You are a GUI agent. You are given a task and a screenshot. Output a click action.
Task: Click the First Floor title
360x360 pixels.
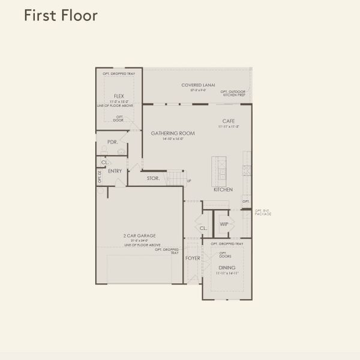(61, 16)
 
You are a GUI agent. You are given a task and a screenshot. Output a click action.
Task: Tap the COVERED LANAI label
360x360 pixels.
(198, 85)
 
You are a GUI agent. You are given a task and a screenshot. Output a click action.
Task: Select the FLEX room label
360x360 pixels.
(119, 95)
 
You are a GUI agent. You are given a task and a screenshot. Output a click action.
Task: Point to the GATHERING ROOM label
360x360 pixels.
(169, 133)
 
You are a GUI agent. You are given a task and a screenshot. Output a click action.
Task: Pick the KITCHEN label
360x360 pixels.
(223, 190)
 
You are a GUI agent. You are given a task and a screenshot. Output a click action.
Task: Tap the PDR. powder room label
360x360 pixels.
(112, 142)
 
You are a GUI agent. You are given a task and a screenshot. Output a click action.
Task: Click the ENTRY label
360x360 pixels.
(115, 171)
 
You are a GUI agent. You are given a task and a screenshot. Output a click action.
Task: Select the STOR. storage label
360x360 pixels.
(153, 178)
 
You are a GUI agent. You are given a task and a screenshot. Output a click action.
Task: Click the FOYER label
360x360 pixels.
(193, 258)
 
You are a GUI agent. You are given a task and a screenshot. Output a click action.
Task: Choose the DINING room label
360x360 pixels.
(227, 268)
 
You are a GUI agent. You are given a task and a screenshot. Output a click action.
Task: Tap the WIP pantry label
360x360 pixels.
(224, 224)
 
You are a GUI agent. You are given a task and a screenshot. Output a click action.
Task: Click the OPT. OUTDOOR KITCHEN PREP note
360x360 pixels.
(233, 94)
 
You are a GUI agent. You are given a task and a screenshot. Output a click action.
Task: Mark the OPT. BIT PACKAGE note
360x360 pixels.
(263, 212)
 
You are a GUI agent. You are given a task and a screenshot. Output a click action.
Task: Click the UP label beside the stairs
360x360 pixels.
(189, 181)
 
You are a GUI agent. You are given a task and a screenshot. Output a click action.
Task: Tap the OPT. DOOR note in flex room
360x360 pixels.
(119, 118)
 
